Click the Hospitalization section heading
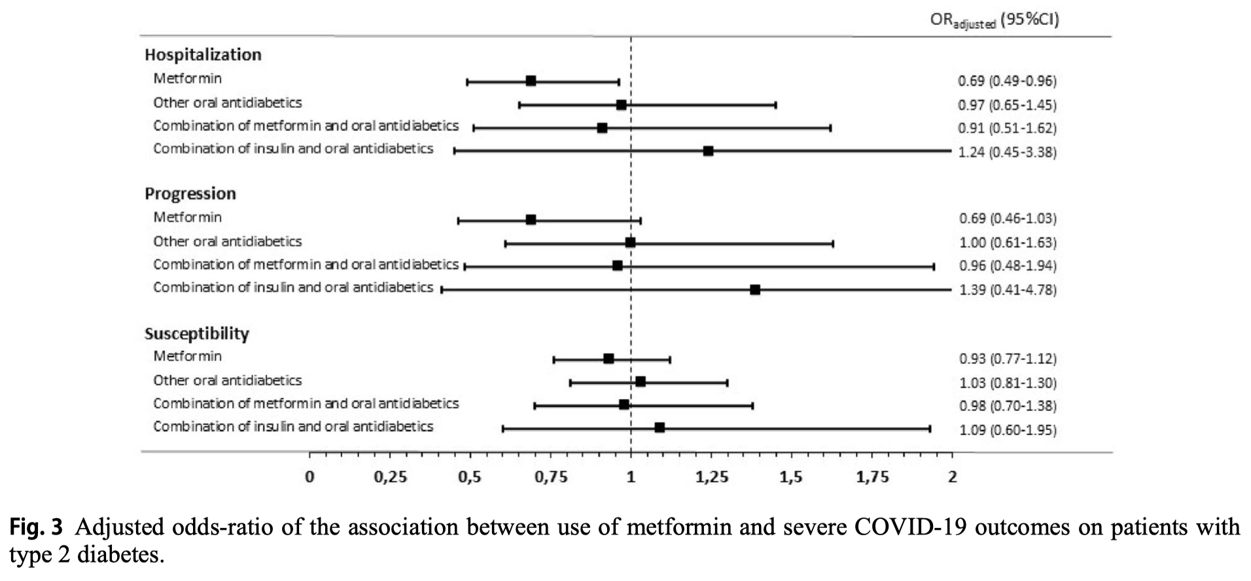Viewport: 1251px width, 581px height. pyautogui.click(x=203, y=54)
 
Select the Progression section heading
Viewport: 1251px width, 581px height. pyautogui.click(x=190, y=194)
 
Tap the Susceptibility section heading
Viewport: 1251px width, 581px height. pyautogui.click(x=197, y=334)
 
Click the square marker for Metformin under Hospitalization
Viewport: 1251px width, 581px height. pyautogui.click(x=531, y=80)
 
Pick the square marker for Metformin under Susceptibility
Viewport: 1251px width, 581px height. pyautogui.click(x=608, y=359)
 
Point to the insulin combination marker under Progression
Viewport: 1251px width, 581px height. pyautogui.click(x=755, y=289)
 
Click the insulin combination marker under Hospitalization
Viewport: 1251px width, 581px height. pyautogui.click(x=708, y=151)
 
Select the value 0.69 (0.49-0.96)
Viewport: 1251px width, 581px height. pyautogui.click(x=1008, y=80)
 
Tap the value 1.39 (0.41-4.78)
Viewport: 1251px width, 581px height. pyautogui.click(x=1008, y=289)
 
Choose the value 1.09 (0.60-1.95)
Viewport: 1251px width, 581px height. pyautogui.click(x=1008, y=430)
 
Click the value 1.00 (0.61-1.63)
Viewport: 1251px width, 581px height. pyautogui.click(x=1008, y=243)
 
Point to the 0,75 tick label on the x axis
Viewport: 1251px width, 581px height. pyautogui.click(x=551, y=478)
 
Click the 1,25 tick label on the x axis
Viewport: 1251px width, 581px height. pyautogui.click(x=712, y=478)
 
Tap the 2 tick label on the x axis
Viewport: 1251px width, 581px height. pyautogui.click(x=953, y=477)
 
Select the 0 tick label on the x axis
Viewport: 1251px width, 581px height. pyautogui.click(x=309, y=477)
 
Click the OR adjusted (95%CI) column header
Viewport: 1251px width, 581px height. pyautogui.click(x=995, y=20)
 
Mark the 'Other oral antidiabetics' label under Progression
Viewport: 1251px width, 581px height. pyautogui.click(x=228, y=241)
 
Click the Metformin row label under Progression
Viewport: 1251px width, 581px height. pyautogui.click(x=188, y=217)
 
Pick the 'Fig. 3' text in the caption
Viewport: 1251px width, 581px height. pyautogui.click(x=36, y=527)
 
